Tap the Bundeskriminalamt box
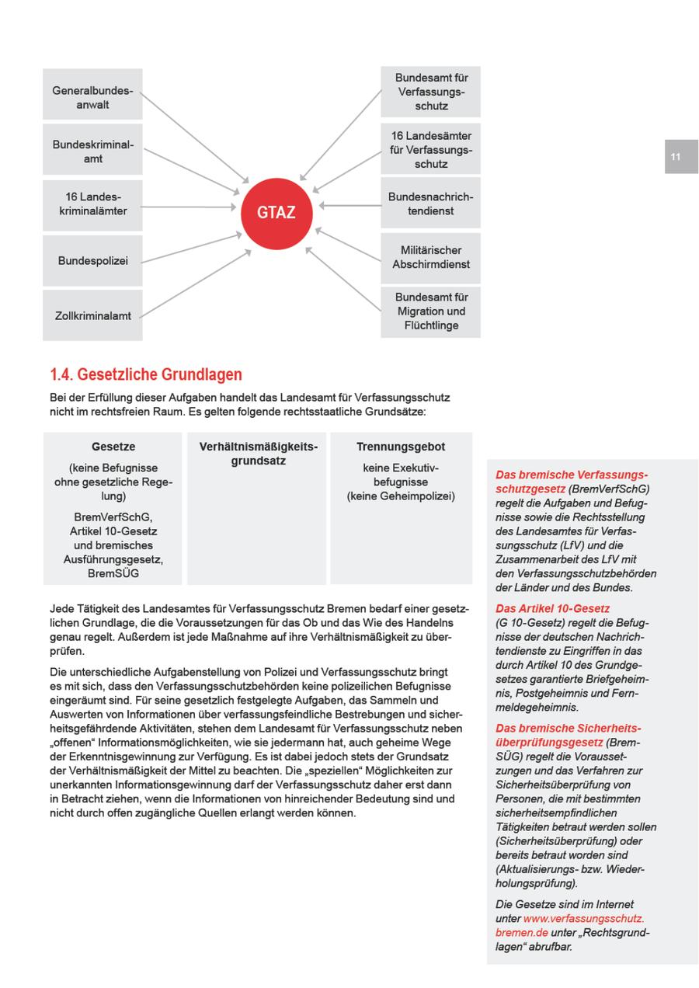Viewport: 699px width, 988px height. pos(92,151)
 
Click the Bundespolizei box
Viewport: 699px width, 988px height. pos(92,261)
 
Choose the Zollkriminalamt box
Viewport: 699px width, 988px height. pos(92,315)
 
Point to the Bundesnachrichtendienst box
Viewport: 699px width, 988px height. pos(430,204)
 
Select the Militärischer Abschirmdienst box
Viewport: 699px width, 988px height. pos(430,257)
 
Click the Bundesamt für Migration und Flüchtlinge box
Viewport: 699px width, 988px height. pos(430,311)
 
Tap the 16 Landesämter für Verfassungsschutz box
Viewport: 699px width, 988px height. pos(430,149)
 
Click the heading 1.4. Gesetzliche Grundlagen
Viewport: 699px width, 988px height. pos(146,375)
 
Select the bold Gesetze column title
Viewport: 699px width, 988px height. pos(113,447)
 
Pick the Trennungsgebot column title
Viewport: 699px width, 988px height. pos(401,447)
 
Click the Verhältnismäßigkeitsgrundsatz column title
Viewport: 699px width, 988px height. pos(258,454)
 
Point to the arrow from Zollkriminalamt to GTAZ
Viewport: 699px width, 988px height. pos(194,283)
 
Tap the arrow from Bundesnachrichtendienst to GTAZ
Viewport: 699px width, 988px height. pos(349,207)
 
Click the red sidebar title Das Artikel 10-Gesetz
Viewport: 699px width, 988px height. pos(552,608)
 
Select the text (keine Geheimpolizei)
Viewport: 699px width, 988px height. pos(401,496)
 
